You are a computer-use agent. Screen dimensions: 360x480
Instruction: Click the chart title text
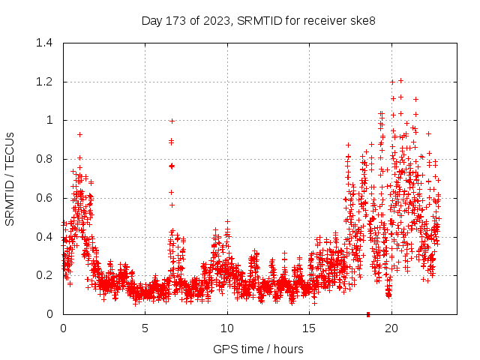point(258,20)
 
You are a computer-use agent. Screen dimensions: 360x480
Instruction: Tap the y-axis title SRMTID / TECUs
point(10,178)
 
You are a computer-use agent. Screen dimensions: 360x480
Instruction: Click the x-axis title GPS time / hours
point(258,349)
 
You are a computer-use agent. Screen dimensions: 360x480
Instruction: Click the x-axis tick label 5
point(145,328)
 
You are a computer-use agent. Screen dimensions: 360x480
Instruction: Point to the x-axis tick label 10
point(227,328)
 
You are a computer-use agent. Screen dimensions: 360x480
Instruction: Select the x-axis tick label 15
point(309,328)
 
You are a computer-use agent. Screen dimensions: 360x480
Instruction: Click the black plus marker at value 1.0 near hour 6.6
point(172,121)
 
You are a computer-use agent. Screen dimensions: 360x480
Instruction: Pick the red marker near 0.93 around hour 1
point(79,134)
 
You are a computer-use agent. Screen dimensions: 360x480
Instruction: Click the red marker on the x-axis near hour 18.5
point(367,313)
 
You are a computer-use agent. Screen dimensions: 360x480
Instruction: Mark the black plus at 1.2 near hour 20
point(392,82)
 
